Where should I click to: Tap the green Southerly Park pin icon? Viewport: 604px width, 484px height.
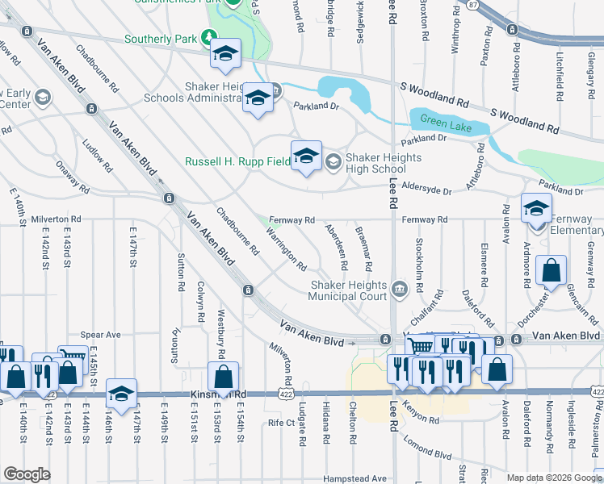pos(210,37)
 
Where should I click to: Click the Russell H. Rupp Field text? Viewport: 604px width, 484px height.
pos(237,161)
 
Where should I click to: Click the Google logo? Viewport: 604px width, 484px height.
pos(27,474)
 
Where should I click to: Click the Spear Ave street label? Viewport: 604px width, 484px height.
pos(100,335)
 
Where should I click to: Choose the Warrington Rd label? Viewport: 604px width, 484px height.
pos(286,249)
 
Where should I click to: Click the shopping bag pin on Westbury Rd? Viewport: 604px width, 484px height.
pos(224,377)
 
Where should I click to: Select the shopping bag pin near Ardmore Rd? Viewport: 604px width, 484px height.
pos(551,273)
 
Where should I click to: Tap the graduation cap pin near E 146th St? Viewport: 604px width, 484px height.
pos(121,394)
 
